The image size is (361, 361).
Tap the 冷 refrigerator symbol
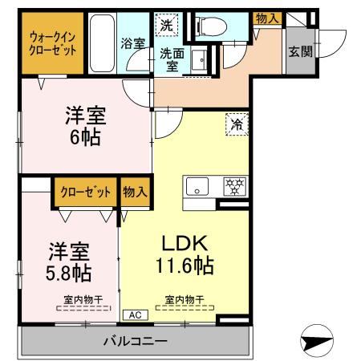[x=237, y=125]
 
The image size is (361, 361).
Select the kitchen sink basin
[x=197, y=188]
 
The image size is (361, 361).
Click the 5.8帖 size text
[x=67, y=272]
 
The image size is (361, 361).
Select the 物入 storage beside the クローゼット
[x=135, y=192]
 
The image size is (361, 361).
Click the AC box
[x=132, y=315]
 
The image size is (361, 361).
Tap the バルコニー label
[x=134, y=342]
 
